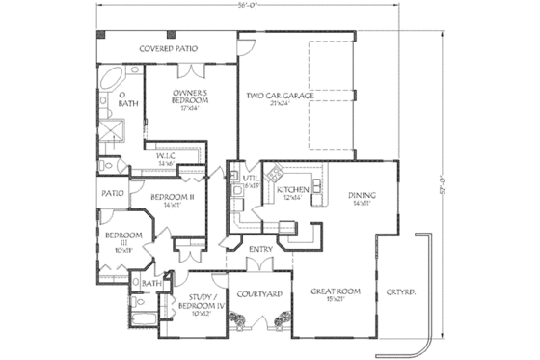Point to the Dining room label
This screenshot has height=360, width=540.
click(363, 200)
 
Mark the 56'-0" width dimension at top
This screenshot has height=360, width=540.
click(267, 5)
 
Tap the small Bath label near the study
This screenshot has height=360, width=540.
click(151, 284)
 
